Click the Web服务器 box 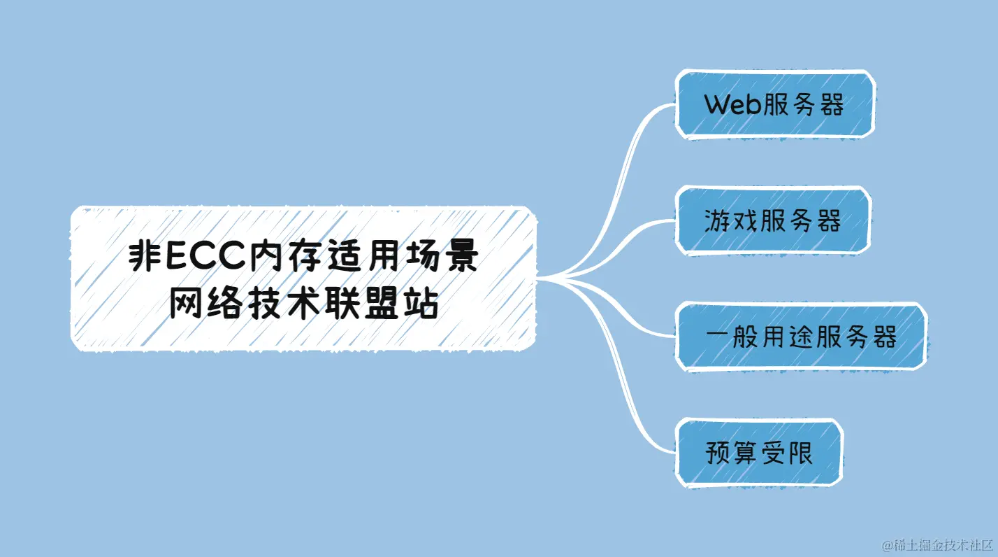(774, 105)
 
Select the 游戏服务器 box (773, 221)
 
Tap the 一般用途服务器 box (801, 337)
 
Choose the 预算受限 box (759, 453)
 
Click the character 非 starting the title (143, 258)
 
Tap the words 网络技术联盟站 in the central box (303, 304)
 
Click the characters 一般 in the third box (732, 337)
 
